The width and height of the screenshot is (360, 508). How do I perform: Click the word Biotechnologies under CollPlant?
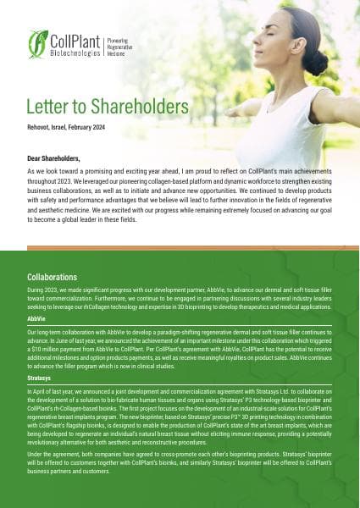tap(74, 50)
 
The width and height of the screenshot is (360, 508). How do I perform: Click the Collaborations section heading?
tap(53, 277)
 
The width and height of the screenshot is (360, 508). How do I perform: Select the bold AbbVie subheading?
tap(36, 319)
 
